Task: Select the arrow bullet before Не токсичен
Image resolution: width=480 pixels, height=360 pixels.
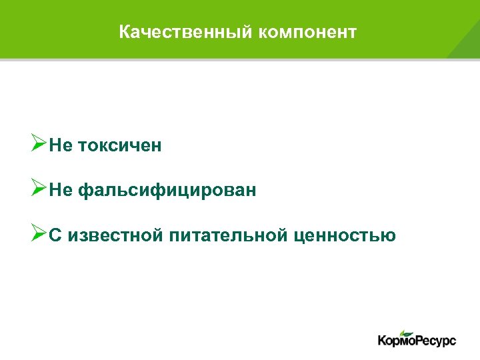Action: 39,144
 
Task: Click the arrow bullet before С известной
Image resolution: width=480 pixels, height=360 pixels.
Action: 39,235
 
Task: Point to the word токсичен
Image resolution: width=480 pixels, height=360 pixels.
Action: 120,146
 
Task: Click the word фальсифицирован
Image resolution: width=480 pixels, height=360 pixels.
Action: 167,191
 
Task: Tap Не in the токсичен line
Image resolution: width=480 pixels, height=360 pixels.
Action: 61,146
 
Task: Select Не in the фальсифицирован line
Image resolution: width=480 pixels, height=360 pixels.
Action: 61,191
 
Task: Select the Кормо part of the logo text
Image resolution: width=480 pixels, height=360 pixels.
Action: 396,341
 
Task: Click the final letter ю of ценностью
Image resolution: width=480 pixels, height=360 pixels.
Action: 389,237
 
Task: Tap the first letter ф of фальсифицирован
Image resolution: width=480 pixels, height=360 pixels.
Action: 85,192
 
